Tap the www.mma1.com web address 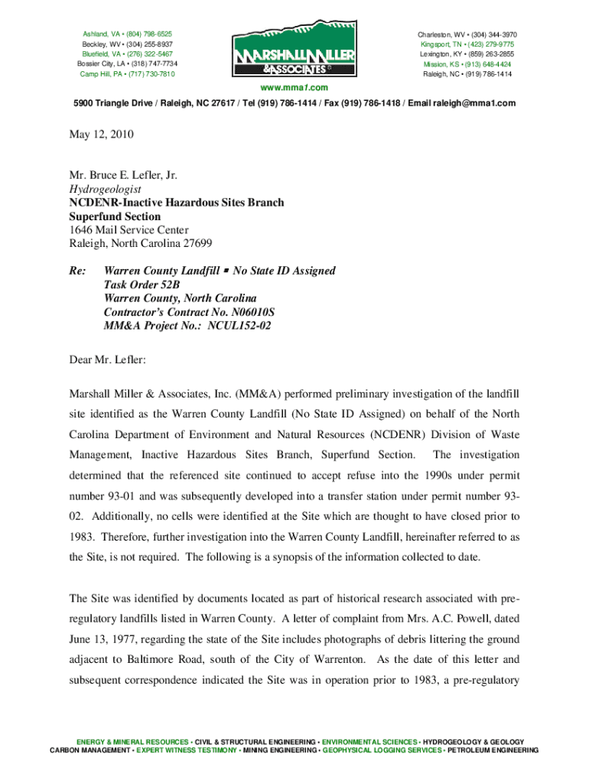point(294,88)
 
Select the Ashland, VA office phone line point(127,34)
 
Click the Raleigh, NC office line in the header point(467,74)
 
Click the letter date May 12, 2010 point(102,135)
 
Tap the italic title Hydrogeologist point(105,189)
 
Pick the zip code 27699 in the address point(194,244)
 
